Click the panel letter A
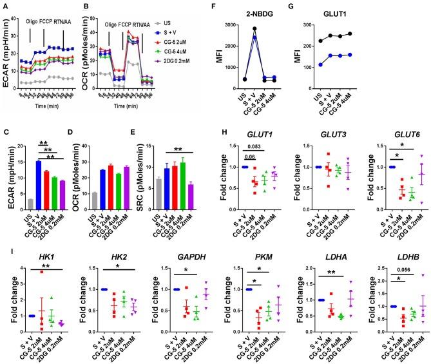(x=5, y=6)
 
